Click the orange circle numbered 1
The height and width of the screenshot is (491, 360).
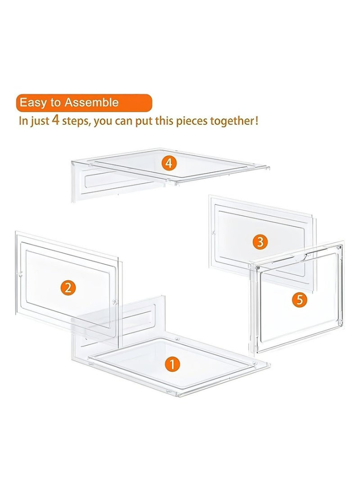tap(172, 364)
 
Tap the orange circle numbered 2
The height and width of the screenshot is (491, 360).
tap(68, 287)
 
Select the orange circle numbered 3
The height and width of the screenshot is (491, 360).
tap(260, 242)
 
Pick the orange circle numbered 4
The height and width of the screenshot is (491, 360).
tap(169, 163)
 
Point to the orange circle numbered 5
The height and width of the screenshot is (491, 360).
tap(300, 300)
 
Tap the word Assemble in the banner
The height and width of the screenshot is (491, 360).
tap(91, 103)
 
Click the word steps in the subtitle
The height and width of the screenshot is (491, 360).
tap(76, 121)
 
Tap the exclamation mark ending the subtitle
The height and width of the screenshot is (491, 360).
tap(256, 121)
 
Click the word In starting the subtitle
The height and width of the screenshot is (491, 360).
tap(23, 121)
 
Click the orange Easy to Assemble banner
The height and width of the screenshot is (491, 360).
tap(84, 103)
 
